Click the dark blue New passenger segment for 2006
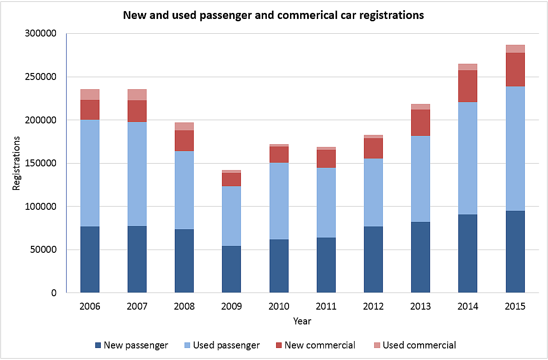(x=90, y=259)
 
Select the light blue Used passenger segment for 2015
(x=515, y=148)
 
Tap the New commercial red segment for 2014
(x=468, y=86)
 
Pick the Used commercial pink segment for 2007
(x=137, y=95)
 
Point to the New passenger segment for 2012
(x=373, y=259)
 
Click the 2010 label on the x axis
(x=278, y=306)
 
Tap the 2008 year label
(x=184, y=306)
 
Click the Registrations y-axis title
(x=17, y=163)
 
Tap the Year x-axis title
(x=302, y=321)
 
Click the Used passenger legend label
(x=226, y=345)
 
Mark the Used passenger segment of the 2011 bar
(x=326, y=202)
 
